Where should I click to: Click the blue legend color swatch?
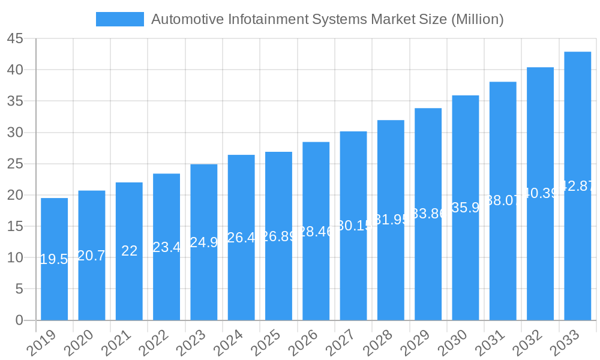pos(119,19)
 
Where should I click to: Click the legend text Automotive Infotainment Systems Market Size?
pos(327,19)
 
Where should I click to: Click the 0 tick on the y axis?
pos(19,320)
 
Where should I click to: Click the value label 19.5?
pos(54,259)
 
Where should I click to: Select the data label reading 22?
pos(129,251)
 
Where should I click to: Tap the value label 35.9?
pos(466,208)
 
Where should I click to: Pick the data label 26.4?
pos(241,238)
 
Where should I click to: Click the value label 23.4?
pos(166,247)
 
